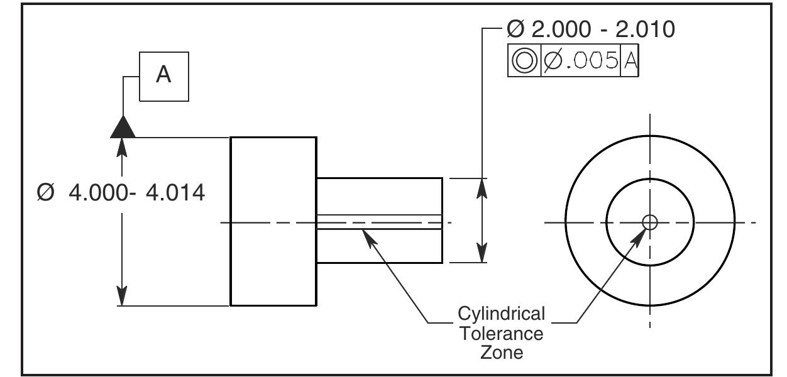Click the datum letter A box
tap(163, 75)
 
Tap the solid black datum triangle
tap(123, 127)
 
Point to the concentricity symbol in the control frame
tap(524, 60)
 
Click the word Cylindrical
tap(501, 313)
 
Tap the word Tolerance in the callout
tap(501, 332)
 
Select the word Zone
tap(501, 352)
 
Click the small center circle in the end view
tap(650, 222)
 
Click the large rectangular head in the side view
tap(273, 221)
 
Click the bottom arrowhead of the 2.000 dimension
tap(482, 254)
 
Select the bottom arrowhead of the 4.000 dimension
tap(123, 297)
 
